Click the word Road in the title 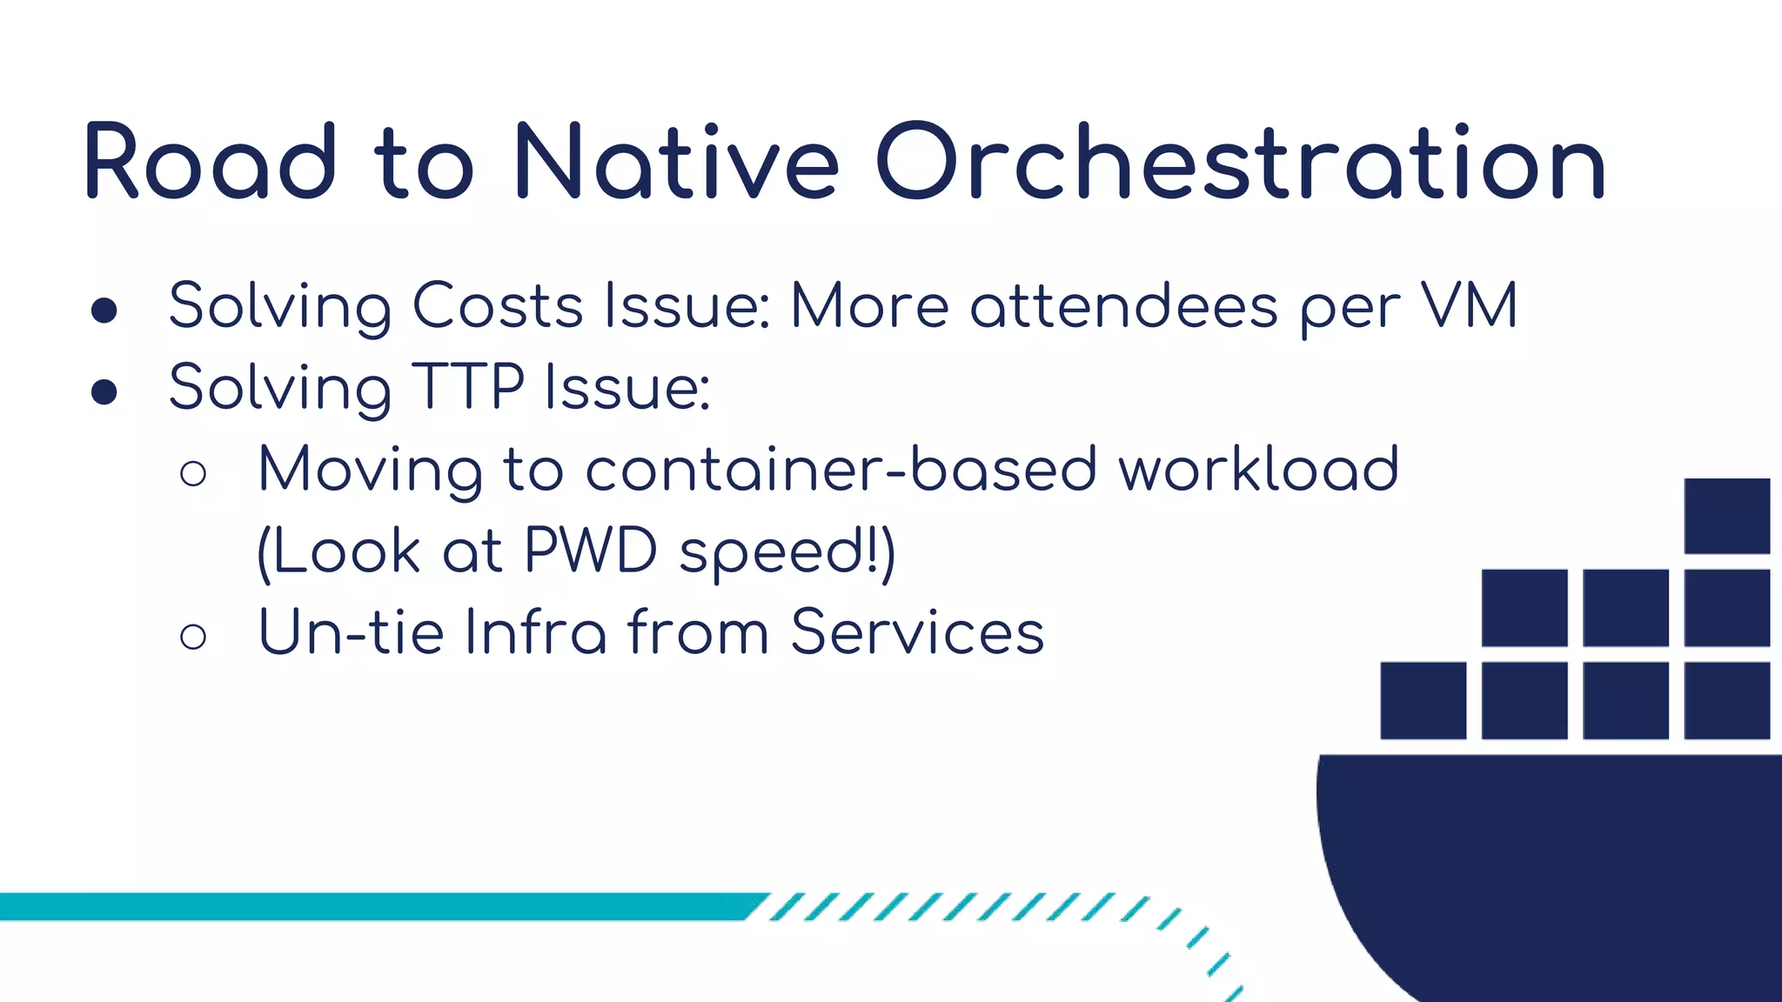click(x=210, y=163)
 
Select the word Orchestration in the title click(x=1240, y=163)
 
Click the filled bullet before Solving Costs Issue click(x=104, y=311)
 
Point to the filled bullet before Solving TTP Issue click(x=104, y=391)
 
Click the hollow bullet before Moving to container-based click(x=193, y=474)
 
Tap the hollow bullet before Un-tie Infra click(x=193, y=637)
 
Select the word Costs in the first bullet click(x=497, y=306)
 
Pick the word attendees click(x=1123, y=306)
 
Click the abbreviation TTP click(x=467, y=387)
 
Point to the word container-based click(x=841, y=470)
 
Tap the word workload click(x=1258, y=470)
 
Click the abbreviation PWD click(x=590, y=551)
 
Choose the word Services click(x=917, y=632)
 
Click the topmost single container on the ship click(x=1726, y=516)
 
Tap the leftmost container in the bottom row click(x=1423, y=700)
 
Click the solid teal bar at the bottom click(x=374, y=906)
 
